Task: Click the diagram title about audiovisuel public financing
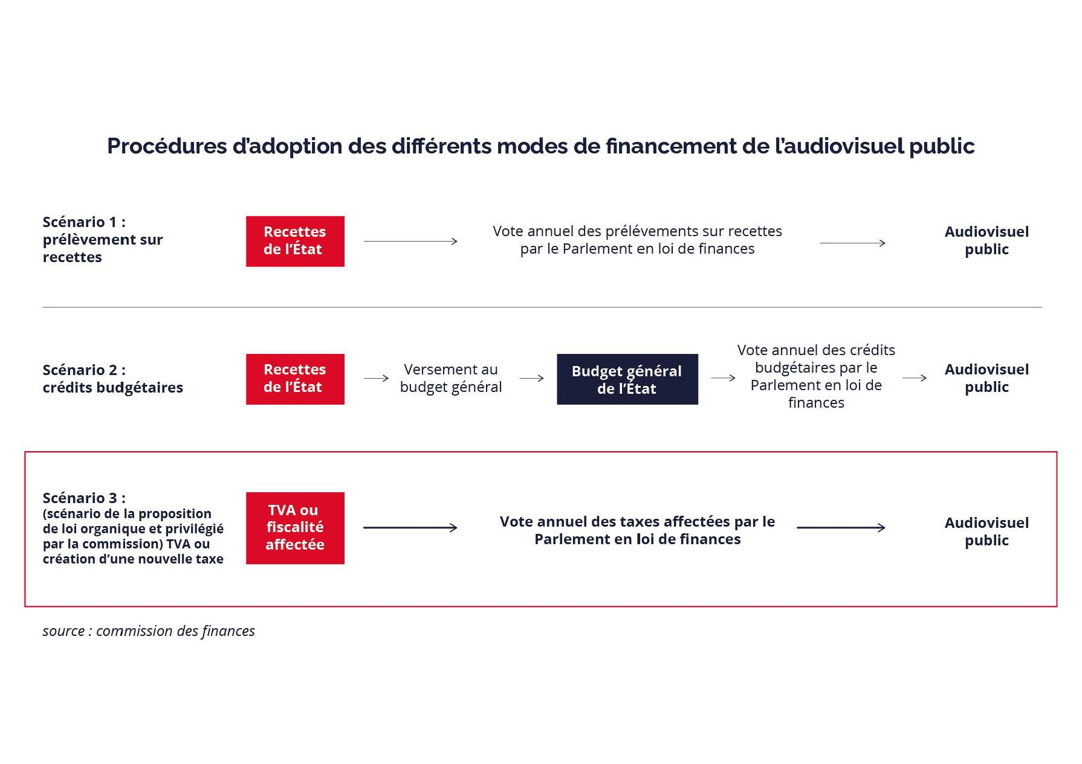coord(540,146)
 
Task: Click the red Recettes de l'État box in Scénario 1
coord(295,241)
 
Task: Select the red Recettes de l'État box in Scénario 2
coord(295,379)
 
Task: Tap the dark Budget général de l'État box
coord(627,379)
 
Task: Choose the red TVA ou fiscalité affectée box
coord(295,528)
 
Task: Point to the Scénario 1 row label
coord(103,239)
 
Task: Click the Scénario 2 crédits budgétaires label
coord(113,379)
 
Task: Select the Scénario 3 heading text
coord(84,498)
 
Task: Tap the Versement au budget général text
coord(451,378)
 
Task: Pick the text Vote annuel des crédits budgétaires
coord(816,376)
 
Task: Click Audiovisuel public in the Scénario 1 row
coord(986,240)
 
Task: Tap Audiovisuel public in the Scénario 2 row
coord(986,378)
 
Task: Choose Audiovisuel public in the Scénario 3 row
coord(986,531)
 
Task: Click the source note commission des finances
coord(149,631)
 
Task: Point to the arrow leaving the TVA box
coord(410,528)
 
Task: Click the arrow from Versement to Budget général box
coord(532,379)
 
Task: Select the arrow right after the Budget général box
coord(723,378)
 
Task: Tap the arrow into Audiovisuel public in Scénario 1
coord(853,243)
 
